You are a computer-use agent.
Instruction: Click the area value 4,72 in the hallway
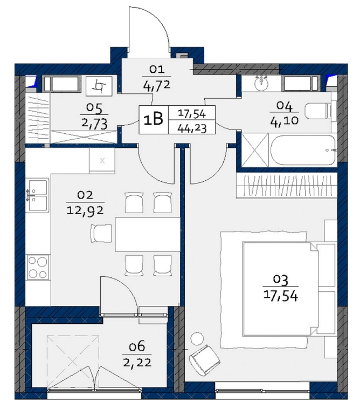156,86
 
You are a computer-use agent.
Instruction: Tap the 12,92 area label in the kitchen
85,210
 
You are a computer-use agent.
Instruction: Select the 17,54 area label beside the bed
281,296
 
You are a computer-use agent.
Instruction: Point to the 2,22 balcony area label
137,363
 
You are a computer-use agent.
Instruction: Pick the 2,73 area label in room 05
94,124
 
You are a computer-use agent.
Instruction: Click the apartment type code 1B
154,119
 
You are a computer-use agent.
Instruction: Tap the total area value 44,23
192,128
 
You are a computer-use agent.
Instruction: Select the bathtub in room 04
303,149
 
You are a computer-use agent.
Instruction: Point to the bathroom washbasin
261,83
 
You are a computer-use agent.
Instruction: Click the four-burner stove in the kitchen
38,267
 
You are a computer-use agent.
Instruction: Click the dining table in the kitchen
148,234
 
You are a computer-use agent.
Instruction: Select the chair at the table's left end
101,233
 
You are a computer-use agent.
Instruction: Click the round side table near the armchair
197,339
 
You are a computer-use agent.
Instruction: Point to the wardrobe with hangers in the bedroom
287,186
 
